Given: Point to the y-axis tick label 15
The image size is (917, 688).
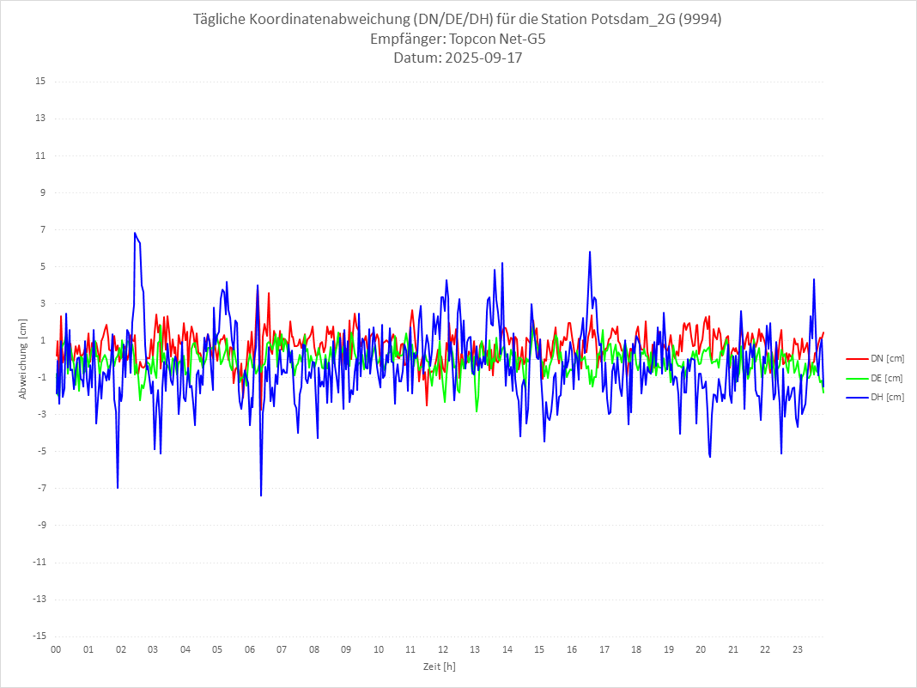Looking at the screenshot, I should click(40, 82).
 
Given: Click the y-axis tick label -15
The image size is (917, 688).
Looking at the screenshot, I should click(39, 636).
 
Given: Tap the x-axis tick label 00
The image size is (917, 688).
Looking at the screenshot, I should click(56, 649).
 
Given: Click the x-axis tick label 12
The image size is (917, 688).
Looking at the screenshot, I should click(443, 649).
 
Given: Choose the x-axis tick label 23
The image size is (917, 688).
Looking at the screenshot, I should click(798, 649).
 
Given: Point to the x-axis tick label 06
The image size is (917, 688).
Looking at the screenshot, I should click(250, 649).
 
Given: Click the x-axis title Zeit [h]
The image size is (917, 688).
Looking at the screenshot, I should click(439, 667).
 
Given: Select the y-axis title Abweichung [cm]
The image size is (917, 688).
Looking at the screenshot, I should click(22, 358).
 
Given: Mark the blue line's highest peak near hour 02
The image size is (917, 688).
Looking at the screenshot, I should click(135, 233).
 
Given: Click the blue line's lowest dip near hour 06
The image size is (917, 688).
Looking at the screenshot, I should click(261, 496).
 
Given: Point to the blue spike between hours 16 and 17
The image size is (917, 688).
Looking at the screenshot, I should click(590, 252).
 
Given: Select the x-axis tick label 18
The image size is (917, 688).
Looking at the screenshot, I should click(636, 649).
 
